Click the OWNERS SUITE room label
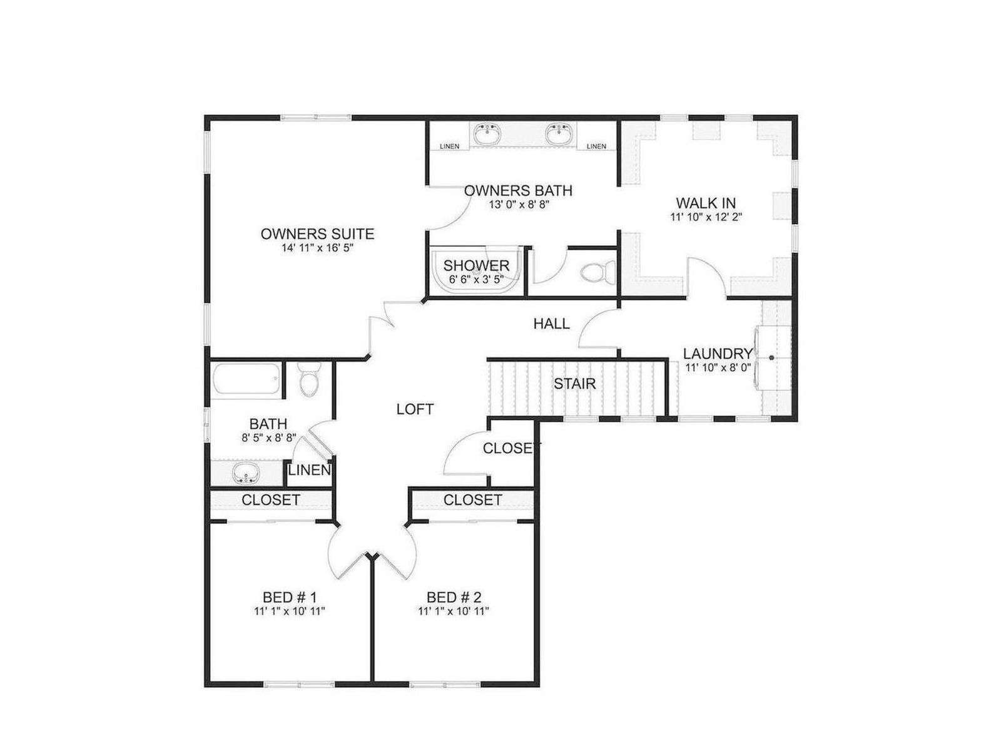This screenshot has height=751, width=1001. click(317, 234)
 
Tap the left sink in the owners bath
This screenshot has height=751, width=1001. click(487, 134)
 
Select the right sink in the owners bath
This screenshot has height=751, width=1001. click(559, 134)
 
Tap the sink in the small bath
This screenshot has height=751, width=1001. click(246, 473)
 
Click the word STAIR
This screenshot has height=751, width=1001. click(574, 384)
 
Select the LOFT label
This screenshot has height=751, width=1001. click(415, 409)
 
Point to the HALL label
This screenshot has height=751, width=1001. click(551, 324)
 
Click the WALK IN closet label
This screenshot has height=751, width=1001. click(706, 202)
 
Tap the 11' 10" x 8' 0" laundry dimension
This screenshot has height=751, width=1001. click(718, 367)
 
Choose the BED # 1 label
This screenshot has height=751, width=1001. click(289, 597)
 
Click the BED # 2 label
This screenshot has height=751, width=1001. click(454, 597)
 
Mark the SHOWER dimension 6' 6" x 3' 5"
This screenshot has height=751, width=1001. click(475, 279)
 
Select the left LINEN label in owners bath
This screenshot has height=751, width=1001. click(449, 146)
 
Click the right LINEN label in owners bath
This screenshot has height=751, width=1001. click(596, 146)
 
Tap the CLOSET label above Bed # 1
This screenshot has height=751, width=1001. click(271, 500)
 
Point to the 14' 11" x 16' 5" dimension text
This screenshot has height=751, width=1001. click(318, 248)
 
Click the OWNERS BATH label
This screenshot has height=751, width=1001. click(518, 190)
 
